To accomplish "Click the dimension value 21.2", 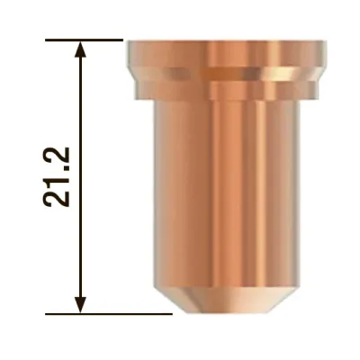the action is coord(57,177).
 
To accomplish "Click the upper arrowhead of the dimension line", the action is coord(80,49).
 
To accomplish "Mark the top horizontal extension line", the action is coord(84,40).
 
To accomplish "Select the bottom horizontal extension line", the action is coord(109,314).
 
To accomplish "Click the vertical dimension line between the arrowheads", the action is coord(80,177).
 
